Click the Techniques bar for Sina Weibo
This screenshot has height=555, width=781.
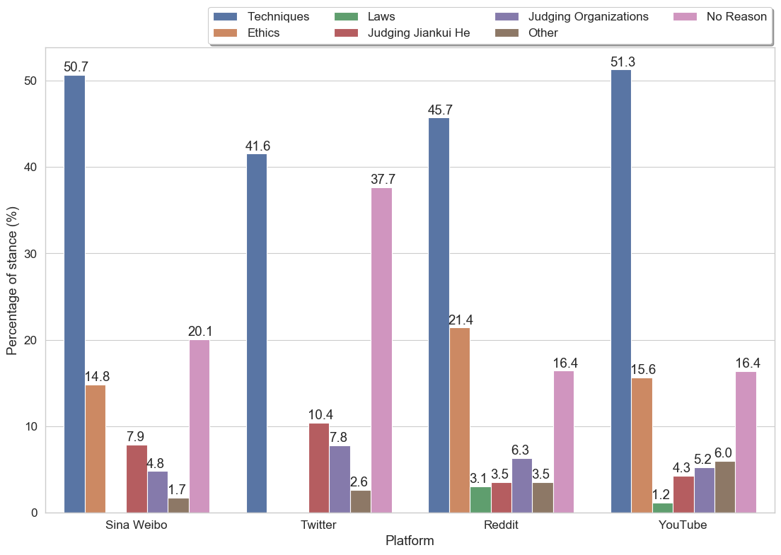coord(74,294)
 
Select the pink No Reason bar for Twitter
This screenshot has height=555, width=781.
coord(381,350)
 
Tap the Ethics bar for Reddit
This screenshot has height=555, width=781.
coord(459,420)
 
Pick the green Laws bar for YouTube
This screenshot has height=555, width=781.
coord(662,508)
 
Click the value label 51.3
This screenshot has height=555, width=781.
coord(623,62)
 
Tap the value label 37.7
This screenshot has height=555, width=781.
coord(383,180)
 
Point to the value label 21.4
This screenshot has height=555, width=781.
coord(461,320)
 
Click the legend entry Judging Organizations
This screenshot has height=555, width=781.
coord(588,16)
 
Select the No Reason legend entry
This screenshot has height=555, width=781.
coord(736,16)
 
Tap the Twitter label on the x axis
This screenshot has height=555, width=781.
coord(318,525)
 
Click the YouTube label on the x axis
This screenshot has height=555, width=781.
coord(683,525)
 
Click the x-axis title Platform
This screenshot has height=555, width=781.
coord(410,541)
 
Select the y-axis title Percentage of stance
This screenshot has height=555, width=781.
coord(12,281)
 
